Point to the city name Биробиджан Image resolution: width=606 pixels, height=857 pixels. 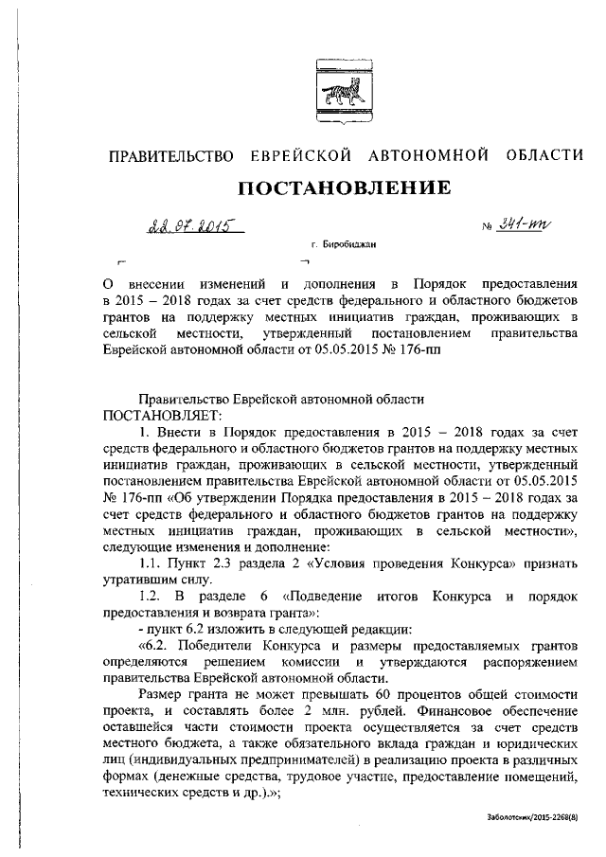click(x=349, y=245)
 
